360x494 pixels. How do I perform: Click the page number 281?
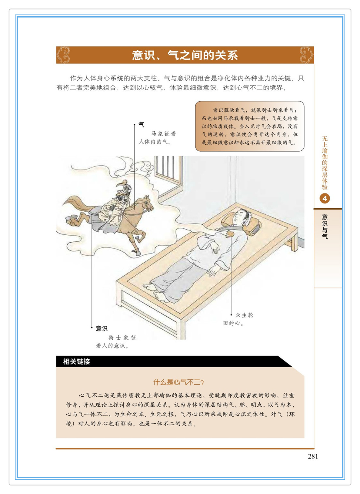coord(313,456)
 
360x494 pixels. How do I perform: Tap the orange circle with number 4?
coord(325,199)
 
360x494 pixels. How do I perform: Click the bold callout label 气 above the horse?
coord(142,125)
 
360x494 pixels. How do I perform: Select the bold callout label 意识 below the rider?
coord(102,328)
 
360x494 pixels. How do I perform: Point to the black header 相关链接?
coord(76,361)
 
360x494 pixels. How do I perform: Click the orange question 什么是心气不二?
coord(178,382)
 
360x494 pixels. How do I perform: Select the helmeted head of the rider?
coord(127,189)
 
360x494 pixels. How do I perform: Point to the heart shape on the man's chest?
coord(230,233)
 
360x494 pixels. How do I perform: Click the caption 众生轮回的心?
coord(238,319)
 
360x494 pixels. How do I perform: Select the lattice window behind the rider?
coord(168,171)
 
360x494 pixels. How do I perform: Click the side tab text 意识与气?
coord(325,227)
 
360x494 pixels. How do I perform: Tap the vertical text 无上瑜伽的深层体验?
coord(325,163)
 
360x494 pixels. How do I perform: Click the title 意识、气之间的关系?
coord(185,55)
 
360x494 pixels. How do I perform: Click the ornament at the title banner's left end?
coord(63,55)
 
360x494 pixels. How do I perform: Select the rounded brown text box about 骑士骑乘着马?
coord(250,126)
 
